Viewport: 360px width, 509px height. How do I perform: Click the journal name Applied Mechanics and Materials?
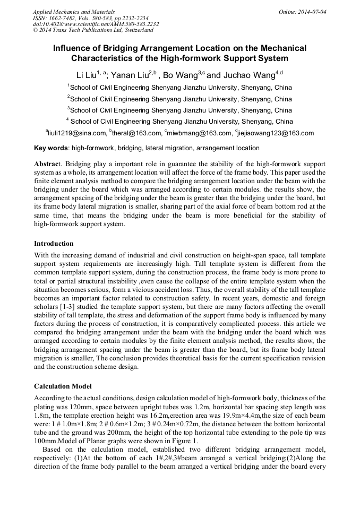(x=74, y=11)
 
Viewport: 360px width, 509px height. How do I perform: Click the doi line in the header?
(x=96, y=24)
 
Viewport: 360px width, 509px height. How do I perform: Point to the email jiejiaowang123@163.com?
(x=276, y=133)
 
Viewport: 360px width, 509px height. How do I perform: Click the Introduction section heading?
(x=54, y=244)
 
